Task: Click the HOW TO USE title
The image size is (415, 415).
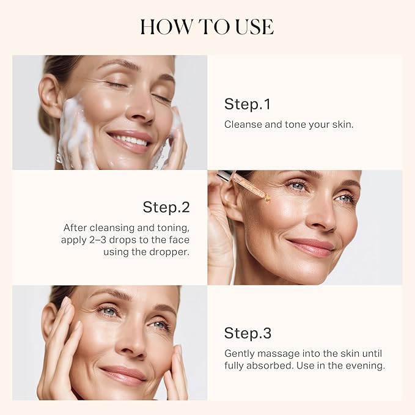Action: tap(207, 27)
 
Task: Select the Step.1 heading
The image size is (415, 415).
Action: tap(247, 105)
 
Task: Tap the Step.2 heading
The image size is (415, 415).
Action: tap(166, 207)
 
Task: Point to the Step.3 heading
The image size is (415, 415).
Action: tap(248, 333)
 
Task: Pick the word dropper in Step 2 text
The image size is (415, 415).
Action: tap(167, 251)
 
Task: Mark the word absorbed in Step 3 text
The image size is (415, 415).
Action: tap(272, 365)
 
